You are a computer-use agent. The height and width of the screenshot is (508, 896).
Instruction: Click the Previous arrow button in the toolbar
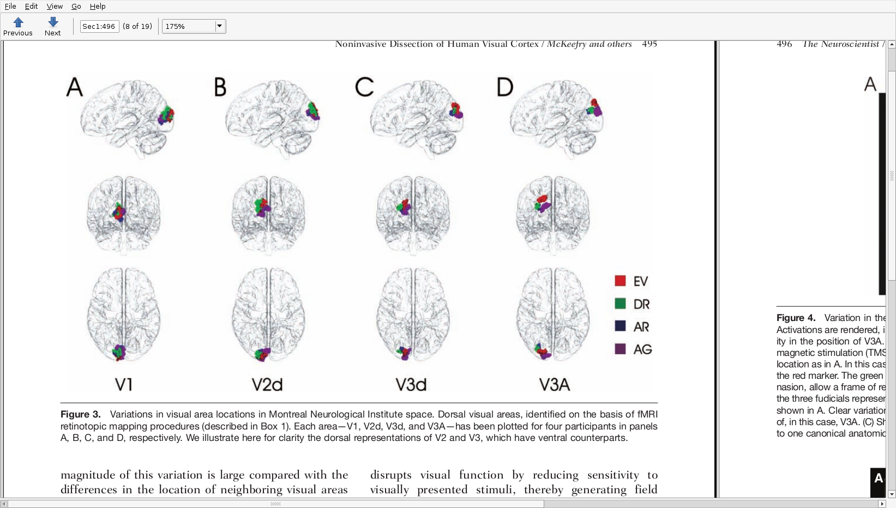click(x=18, y=26)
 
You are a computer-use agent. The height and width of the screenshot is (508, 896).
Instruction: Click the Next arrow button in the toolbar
click(x=53, y=26)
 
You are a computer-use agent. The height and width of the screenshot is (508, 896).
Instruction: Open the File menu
click(x=10, y=7)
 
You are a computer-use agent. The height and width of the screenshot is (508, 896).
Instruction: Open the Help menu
click(x=98, y=7)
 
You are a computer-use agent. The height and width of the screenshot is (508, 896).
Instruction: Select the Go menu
click(x=76, y=7)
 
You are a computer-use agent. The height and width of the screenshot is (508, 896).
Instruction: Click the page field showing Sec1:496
click(x=99, y=26)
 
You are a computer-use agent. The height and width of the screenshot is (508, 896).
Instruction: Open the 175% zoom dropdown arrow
click(x=219, y=26)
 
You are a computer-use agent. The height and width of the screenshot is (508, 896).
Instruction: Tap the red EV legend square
click(x=620, y=281)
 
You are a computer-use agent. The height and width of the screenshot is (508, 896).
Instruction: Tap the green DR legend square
click(x=620, y=304)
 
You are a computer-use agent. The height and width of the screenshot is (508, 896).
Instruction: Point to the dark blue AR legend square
click(x=620, y=326)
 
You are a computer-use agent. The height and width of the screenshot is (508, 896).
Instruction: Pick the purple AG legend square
click(x=620, y=349)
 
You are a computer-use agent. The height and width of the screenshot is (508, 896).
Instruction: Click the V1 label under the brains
click(x=124, y=385)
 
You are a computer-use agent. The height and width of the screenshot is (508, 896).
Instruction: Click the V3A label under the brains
click(x=554, y=385)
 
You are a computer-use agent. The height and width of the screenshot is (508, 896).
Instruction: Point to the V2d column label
click(x=267, y=385)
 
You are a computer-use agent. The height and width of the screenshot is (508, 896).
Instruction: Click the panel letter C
click(x=364, y=87)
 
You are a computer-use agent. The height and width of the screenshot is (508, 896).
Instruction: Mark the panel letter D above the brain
click(x=505, y=87)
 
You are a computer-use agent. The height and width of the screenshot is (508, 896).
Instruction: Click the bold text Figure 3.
click(x=81, y=414)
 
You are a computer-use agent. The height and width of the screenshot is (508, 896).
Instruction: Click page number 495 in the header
click(x=650, y=44)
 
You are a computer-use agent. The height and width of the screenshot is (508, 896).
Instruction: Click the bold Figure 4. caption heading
click(x=796, y=318)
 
